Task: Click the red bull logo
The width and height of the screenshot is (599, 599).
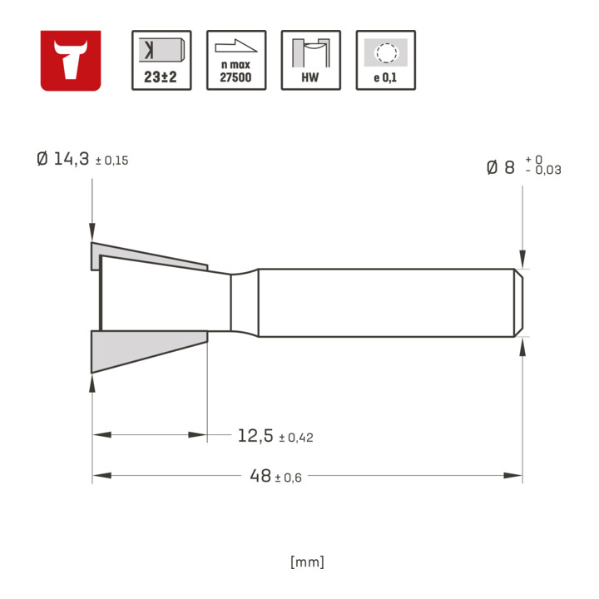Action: pos(71,61)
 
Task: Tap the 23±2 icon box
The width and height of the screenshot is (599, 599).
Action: pos(161,61)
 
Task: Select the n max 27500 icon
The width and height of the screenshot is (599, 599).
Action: pos(236,61)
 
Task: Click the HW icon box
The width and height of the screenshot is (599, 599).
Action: pos(311,61)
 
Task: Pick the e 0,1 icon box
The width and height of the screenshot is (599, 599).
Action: pos(386,61)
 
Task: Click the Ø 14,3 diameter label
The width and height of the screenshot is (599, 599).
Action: pos(63,159)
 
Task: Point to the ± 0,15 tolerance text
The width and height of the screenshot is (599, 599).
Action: pos(112,161)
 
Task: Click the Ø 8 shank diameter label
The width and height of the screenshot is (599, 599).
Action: pos(501,167)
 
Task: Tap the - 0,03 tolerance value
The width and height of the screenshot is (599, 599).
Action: pos(543,170)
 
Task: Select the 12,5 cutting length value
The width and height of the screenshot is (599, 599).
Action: pos(255,435)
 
